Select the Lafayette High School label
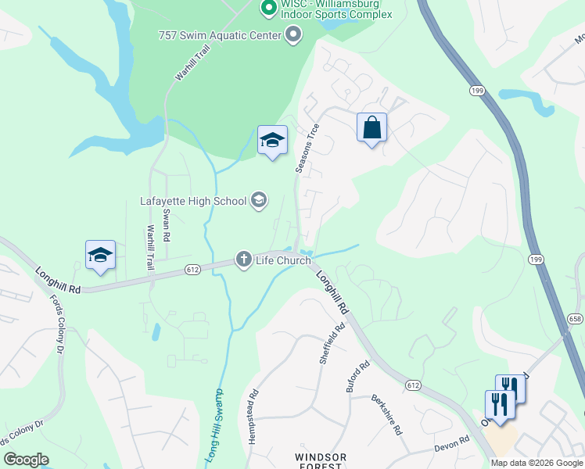coord(193,201)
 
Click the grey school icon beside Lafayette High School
coord(259,201)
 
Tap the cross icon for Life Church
coord(244,259)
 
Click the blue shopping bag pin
coord(372,127)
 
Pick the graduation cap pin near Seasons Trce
coord(272,140)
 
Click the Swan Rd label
coord(166,224)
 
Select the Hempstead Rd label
coord(253,417)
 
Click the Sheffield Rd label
coord(332,345)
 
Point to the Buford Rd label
coord(357,377)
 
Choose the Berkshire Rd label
coord(386,414)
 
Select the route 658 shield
coord(576,318)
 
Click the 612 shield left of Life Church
coord(193,269)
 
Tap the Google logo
coord(27,459)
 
